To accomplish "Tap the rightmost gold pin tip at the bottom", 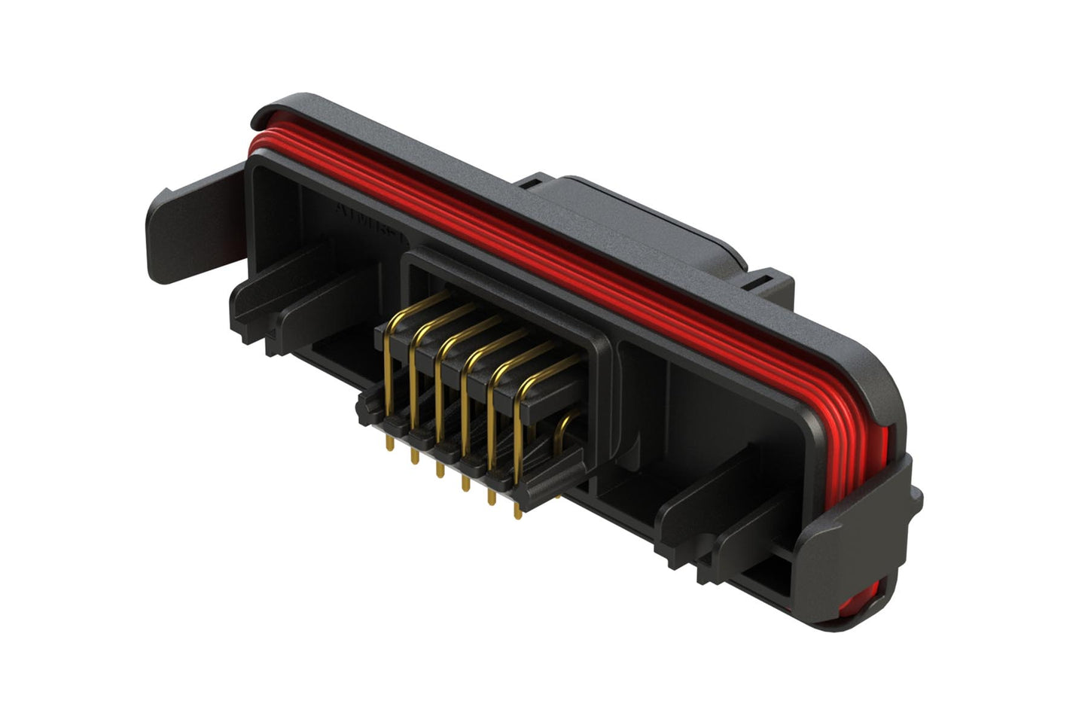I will tap(517, 513).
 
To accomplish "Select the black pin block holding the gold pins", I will tap(482, 376).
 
